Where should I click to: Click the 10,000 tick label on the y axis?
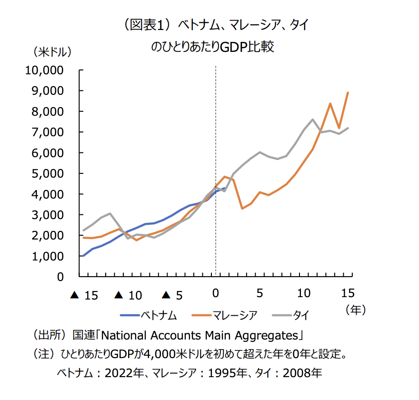click(44, 70)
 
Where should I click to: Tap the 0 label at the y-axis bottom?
click(60, 277)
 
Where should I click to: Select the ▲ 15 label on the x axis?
click(83, 296)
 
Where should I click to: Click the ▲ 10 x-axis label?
click(128, 296)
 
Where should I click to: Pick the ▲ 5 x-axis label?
click(172, 296)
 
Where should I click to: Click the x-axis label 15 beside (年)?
click(348, 292)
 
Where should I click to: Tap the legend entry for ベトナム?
click(149, 315)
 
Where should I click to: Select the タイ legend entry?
click(293, 315)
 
